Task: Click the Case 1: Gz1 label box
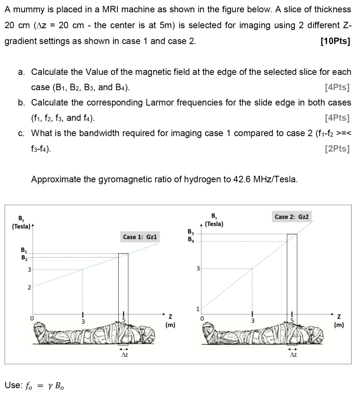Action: pos(140,237)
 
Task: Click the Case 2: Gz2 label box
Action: pos(292,217)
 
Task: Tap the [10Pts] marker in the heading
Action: pos(335,41)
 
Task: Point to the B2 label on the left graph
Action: pos(24,257)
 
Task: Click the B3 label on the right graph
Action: pos(191,231)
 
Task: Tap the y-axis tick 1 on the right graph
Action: pos(198,309)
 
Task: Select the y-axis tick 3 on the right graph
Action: pos(198,269)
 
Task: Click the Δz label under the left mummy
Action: pos(123,355)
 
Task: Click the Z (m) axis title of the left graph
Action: pos(170,321)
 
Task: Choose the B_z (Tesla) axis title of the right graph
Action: pos(214,220)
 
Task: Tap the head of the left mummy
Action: pos(43,329)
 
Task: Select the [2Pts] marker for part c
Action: pos(337,149)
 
